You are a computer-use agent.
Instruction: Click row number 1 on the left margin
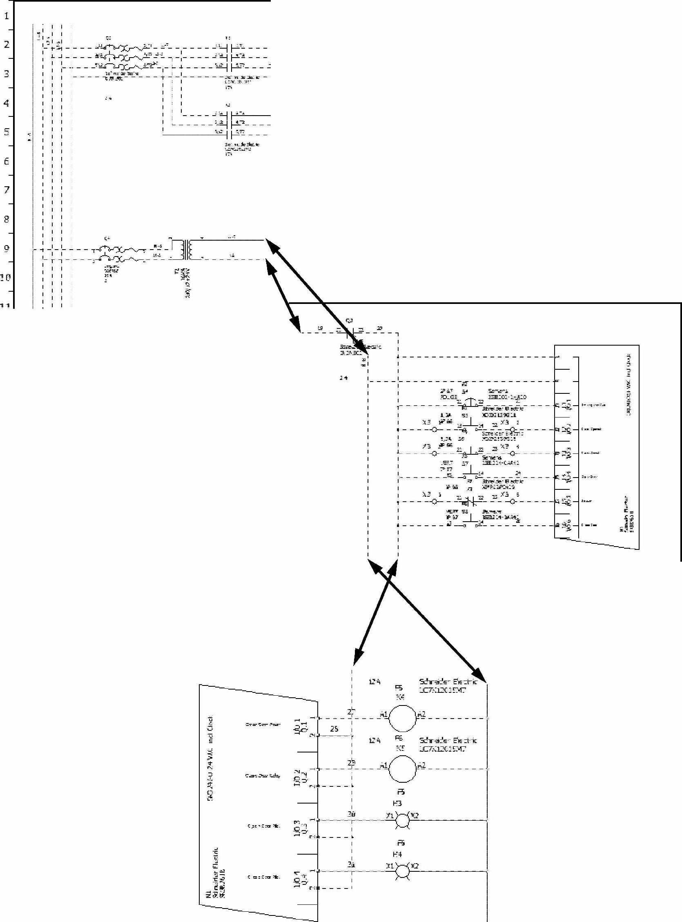(x=7, y=17)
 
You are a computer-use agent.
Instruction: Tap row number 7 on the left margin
(x=7, y=190)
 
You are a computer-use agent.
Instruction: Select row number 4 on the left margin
(x=7, y=103)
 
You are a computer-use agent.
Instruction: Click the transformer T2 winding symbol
(x=186, y=249)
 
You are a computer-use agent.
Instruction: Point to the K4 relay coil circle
(x=402, y=719)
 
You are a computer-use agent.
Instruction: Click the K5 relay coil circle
(x=402, y=769)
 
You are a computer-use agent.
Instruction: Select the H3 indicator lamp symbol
(x=402, y=820)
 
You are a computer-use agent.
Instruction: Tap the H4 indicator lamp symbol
(x=402, y=871)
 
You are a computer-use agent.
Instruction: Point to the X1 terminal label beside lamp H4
(x=389, y=866)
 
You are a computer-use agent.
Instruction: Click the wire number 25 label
(x=334, y=729)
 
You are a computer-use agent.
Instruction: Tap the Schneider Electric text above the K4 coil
(x=448, y=682)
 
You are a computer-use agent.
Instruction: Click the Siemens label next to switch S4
(x=497, y=391)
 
